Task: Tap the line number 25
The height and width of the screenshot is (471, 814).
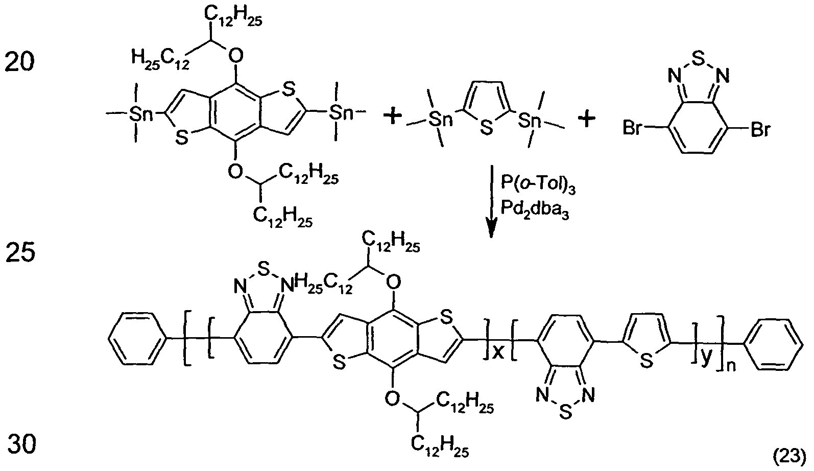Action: coord(20,252)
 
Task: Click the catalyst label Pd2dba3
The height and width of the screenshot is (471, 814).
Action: coord(535,210)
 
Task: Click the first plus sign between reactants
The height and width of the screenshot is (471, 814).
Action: coord(393,117)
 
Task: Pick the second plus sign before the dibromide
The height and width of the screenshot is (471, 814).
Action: coord(587,119)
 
